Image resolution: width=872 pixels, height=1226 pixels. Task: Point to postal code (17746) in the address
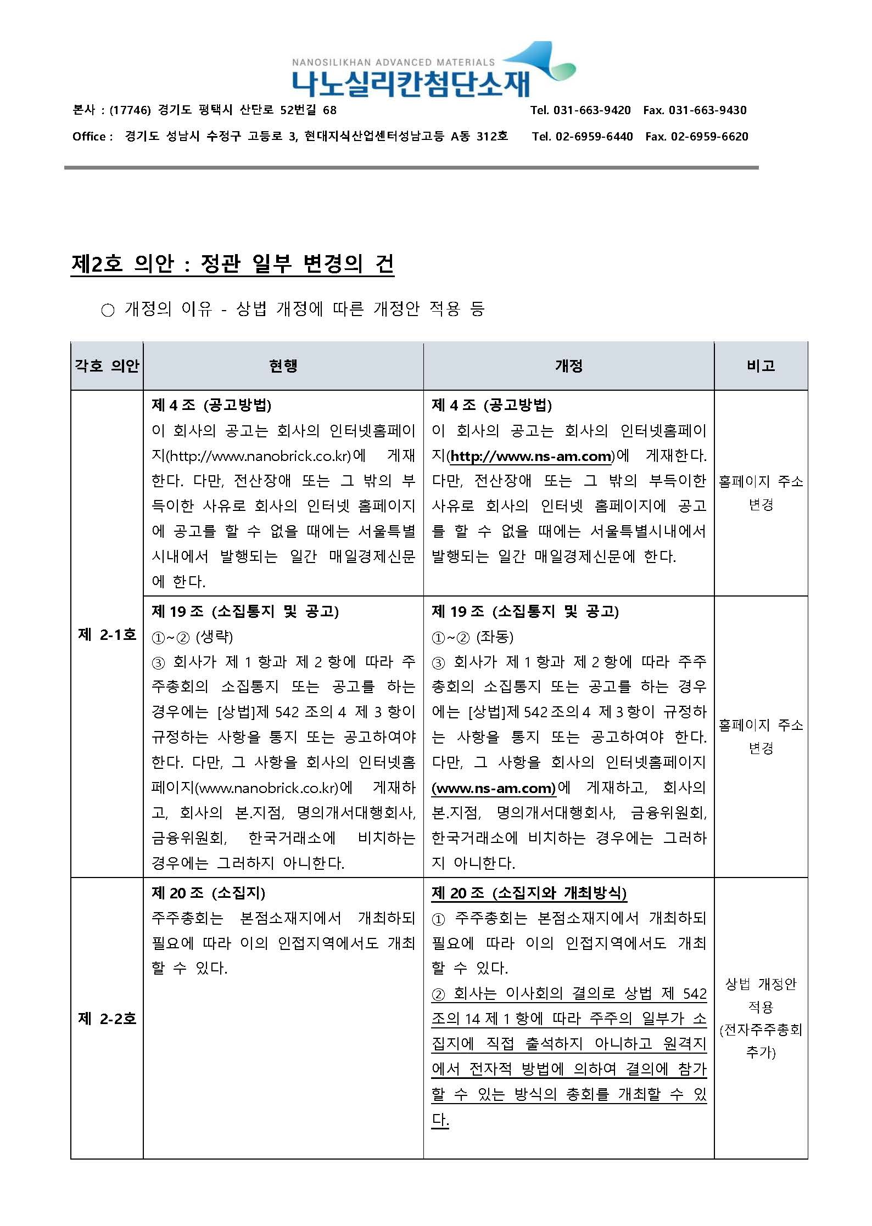click(130, 110)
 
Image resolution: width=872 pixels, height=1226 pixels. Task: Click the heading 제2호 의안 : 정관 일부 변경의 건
click(232, 265)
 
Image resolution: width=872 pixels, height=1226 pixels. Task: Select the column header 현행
click(283, 366)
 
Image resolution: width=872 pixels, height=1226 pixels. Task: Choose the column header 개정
click(568, 366)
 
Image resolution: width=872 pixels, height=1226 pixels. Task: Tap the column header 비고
click(761, 366)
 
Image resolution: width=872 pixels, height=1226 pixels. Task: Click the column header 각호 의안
click(107, 366)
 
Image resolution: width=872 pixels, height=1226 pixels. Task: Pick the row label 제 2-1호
click(107, 635)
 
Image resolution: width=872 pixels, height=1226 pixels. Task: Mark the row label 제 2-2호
click(107, 1019)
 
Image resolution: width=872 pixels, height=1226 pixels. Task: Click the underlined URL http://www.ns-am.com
click(531, 456)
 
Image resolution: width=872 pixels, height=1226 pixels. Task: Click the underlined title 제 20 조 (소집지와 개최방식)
click(529, 893)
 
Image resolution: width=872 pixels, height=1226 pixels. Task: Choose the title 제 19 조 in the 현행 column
click(177, 611)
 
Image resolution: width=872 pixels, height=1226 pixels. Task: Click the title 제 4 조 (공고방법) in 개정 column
click(492, 406)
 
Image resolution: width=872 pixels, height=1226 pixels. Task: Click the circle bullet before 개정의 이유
click(108, 311)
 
